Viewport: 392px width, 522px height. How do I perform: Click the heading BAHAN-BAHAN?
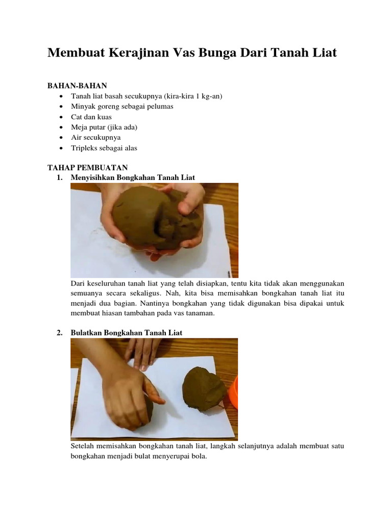click(77, 86)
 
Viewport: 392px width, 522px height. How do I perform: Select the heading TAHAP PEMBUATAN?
click(87, 167)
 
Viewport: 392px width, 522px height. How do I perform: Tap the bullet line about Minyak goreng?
click(122, 107)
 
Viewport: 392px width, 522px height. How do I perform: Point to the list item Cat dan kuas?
click(91, 117)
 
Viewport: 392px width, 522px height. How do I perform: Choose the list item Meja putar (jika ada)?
click(104, 127)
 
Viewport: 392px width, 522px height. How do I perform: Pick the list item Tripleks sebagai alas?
click(104, 148)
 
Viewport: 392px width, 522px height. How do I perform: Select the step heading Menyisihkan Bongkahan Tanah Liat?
click(133, 177)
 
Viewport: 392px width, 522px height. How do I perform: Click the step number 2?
click(60, 332)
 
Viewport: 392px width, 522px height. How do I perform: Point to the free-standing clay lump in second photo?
click(203, 388)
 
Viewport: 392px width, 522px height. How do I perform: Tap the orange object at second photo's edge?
click(234, 392)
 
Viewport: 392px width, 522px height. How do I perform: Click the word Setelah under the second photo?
click(82, 446)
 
